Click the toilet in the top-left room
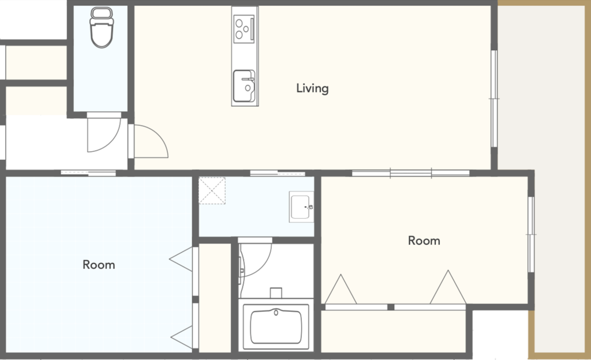[102, 28]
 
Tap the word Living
[312, 88]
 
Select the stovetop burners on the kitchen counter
[244, 28]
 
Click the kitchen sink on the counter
[244, 86]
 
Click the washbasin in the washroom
[301, 207]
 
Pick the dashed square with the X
[212, 190]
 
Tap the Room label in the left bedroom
[99, 265]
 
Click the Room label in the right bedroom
[424, 241]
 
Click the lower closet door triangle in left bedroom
[182, 337]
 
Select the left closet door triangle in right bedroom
[341, 289]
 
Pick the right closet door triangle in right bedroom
[448, 287]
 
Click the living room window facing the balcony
[494, 99]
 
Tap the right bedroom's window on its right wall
[531, 234]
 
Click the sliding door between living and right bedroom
[411, 173]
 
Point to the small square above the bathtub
[276, 293]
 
